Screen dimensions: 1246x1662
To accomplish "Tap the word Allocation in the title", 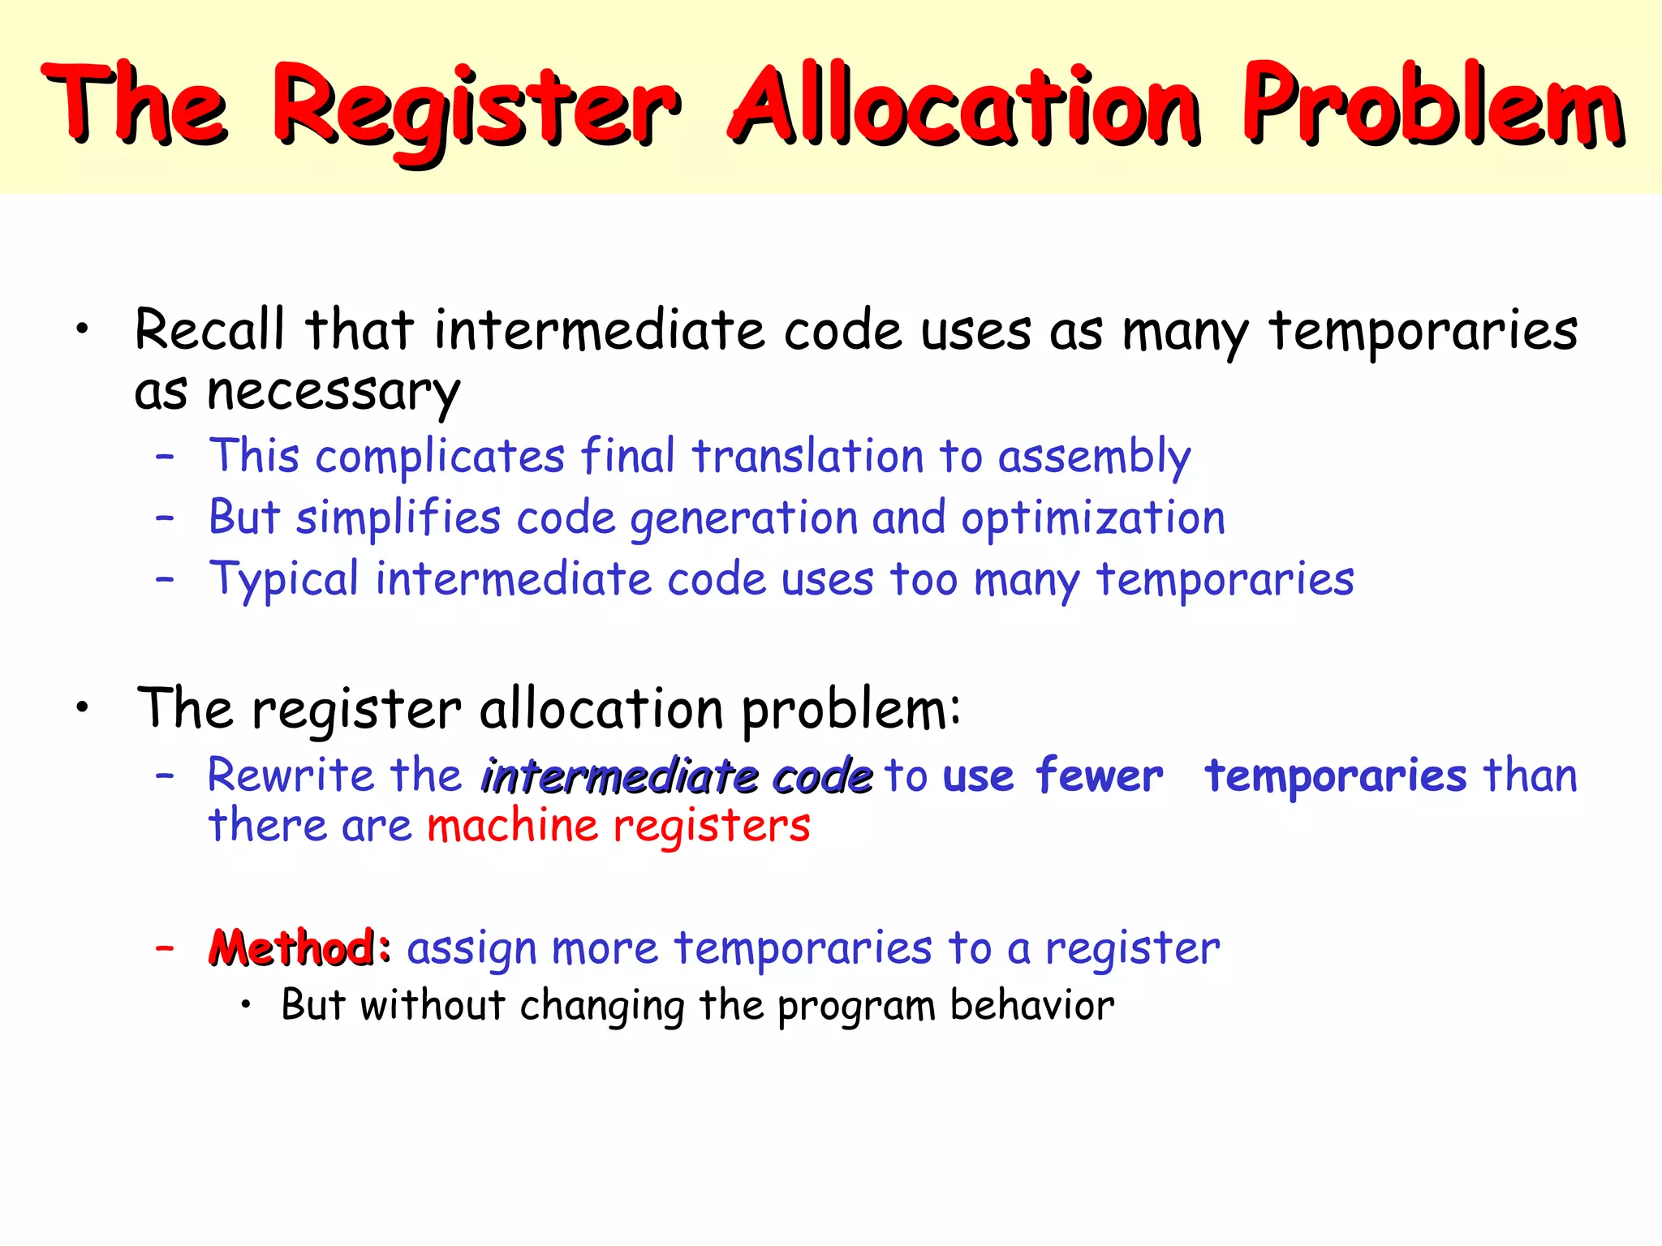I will tap(964, 105).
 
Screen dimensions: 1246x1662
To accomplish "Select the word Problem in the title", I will tap(1432, 105).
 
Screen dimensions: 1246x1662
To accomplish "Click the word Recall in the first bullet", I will tap(210, 330).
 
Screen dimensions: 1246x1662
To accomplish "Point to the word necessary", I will tap(334, 393).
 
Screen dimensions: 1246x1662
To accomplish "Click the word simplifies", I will tap(398, 518).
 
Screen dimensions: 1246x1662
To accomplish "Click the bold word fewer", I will tap(1099, 776).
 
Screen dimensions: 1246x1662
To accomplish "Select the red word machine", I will tap(513, 826).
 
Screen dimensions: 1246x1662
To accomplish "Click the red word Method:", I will tap(300, 947).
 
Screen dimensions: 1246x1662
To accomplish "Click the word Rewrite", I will tap(290, 775).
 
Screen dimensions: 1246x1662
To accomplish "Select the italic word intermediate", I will tap(619, 776).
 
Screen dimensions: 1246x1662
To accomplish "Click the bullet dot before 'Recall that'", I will tap(81, 330).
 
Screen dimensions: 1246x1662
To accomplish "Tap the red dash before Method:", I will tap(165, 947).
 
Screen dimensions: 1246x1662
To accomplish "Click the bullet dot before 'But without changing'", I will tap(247, 1007).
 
